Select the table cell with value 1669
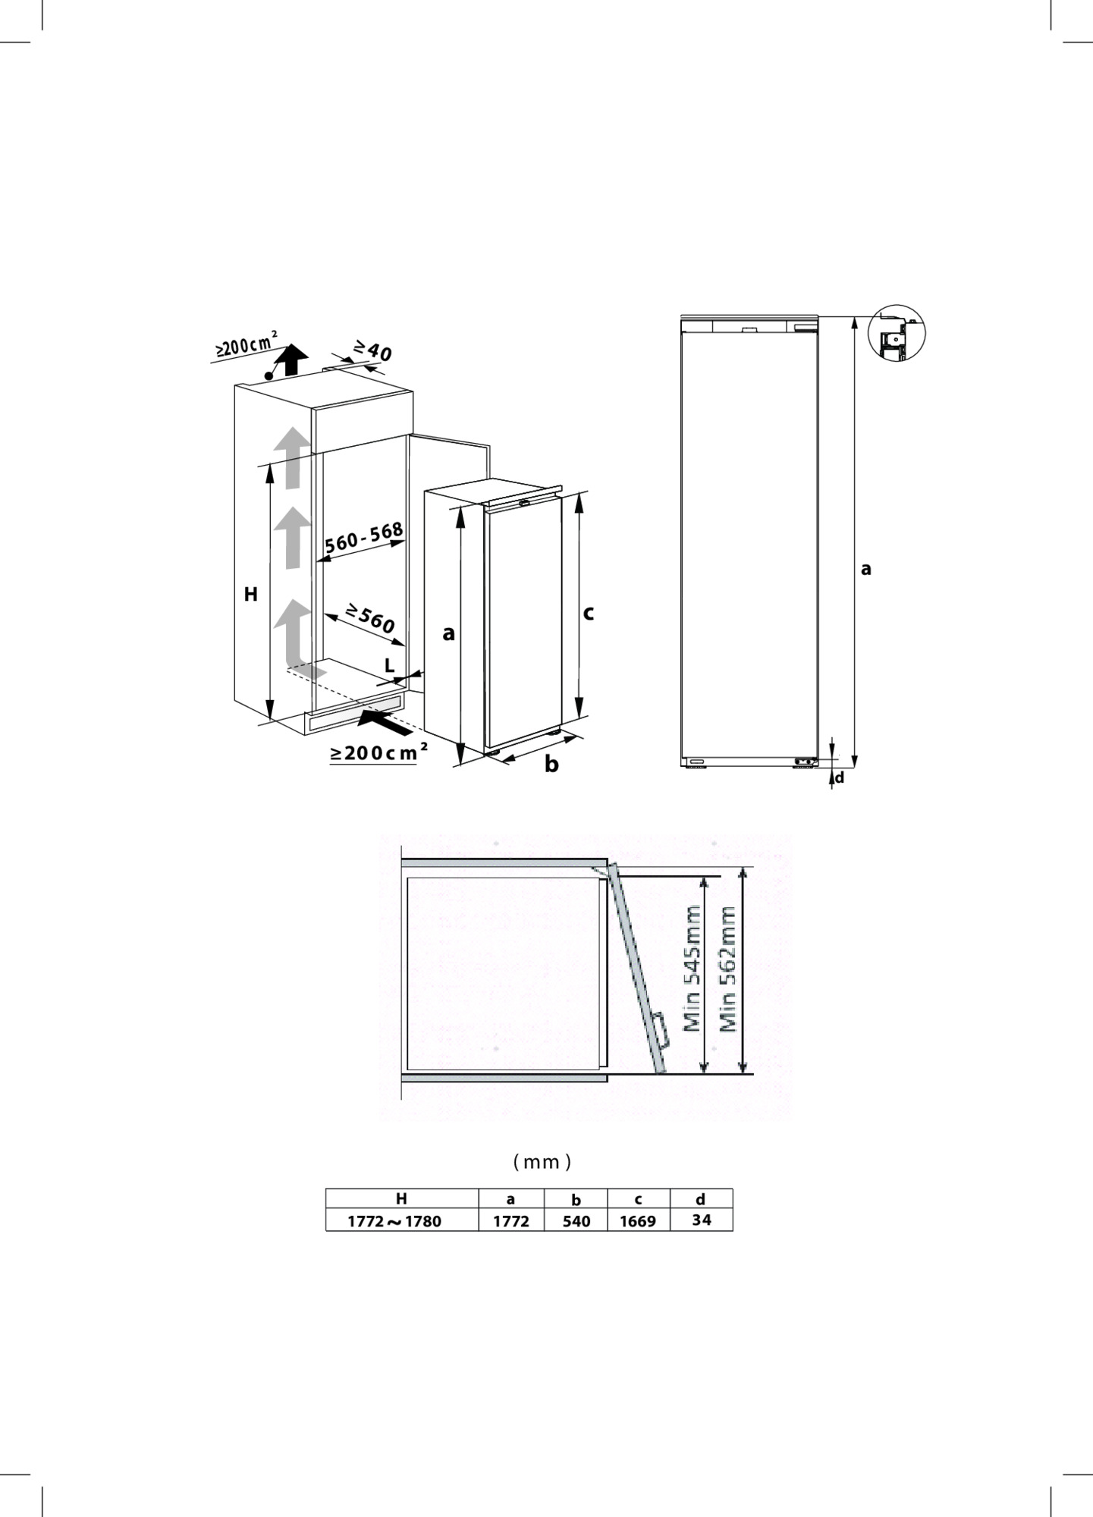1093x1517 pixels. point(638,1221)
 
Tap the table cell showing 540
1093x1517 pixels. point(576,1221)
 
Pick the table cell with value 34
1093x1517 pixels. point(701,1220)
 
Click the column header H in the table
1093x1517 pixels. point(401,1198)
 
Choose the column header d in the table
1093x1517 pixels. point(701,1199)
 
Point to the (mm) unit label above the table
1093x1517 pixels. point(542,1161)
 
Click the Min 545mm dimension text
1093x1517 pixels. point(692,970)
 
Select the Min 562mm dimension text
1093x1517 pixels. point(728,970)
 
